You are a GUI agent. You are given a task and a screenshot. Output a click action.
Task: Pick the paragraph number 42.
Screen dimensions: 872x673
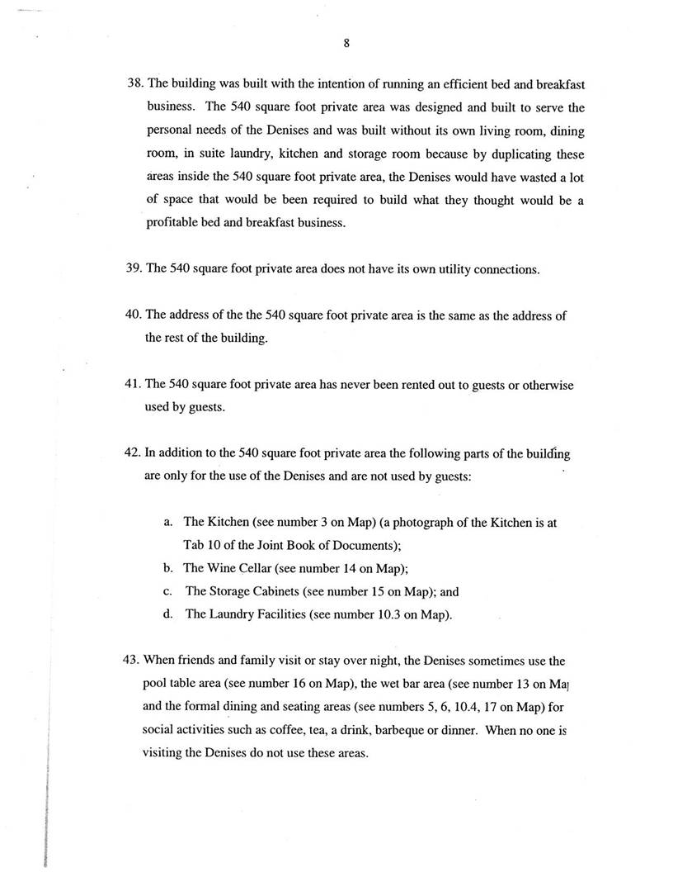[133, 453]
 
